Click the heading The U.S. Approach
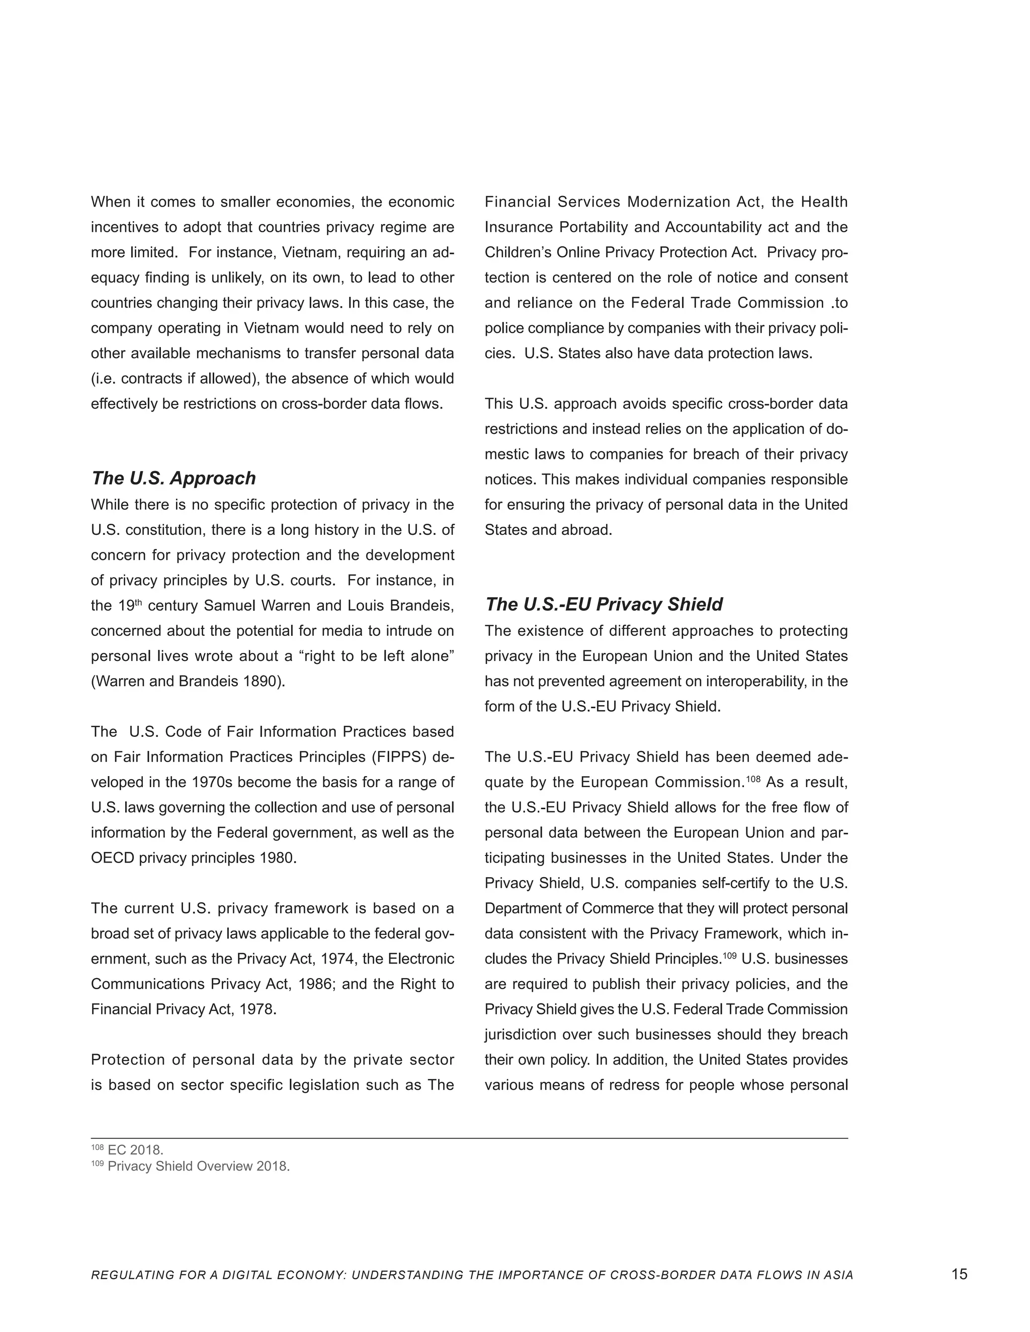tap(174, 478)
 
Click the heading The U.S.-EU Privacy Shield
tap(603, 604)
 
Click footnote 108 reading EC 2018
tap(135, 1150)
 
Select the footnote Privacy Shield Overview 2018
tap(198, 1166)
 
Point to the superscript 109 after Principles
tap(730, 956)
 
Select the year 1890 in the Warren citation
tap(263, 681)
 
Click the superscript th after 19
tap(138, 603)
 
